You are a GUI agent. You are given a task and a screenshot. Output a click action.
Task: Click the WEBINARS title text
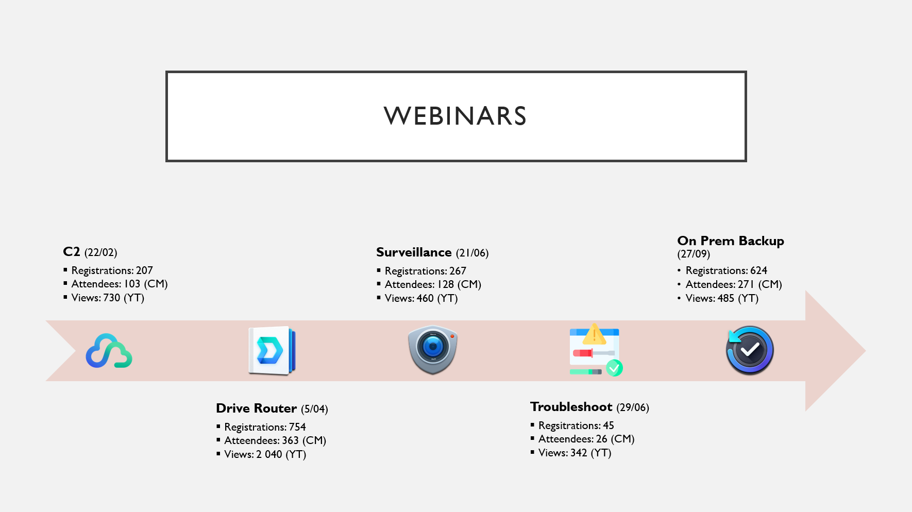pos(455,116)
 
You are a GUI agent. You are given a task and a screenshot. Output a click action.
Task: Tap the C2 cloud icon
pos(109,351)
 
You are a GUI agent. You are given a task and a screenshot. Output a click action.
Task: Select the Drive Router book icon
pos(272,351)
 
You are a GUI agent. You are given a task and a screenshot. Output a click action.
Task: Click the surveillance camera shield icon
pos(433,350)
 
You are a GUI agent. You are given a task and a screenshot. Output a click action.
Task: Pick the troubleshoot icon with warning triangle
pos(596,350)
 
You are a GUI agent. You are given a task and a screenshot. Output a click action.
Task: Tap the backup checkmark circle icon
pos(750,350)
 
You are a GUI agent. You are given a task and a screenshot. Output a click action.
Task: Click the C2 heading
pos(72,252)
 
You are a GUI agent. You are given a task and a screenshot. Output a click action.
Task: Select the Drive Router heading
pos(257,408)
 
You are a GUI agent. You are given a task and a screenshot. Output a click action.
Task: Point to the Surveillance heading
pos(414,252)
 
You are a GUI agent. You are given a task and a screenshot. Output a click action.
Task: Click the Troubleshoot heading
pos(571,407)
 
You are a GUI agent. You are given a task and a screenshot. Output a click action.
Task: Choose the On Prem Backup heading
pos(731,241)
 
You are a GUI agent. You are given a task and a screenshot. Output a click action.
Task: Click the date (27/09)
pos(694,254)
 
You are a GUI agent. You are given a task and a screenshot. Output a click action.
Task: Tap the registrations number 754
pos(297,427)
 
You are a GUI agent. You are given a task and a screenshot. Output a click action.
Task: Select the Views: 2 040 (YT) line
pos(265,454)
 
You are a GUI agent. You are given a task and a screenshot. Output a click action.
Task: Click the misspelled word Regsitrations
pos(569,425)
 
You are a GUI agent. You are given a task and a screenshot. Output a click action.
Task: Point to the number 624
pos(758,270)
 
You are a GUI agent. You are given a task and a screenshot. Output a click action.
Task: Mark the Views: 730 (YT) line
pos(108,298)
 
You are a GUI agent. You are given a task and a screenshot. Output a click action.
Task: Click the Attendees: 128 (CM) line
pos(433,284)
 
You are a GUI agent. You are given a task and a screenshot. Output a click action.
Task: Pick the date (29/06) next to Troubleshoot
pos(633,407)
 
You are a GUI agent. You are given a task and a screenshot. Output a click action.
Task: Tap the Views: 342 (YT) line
pos(575,453)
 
